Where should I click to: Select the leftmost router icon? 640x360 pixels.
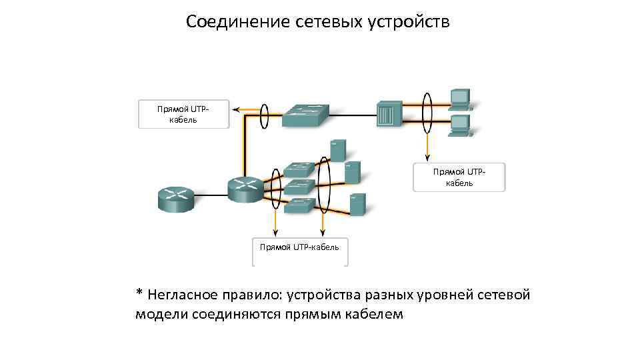click(x=176, y=197)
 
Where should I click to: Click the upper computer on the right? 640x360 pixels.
click(x=460, y=99)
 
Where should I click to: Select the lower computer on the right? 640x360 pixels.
click(x=460, y=125)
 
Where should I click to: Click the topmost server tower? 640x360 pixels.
click(x=338, y=150)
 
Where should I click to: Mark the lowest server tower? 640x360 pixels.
click(x=358, y=203)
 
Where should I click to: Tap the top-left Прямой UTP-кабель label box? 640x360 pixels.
click(x=183, y=114)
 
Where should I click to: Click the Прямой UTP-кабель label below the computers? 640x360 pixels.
click(x=459, y=177)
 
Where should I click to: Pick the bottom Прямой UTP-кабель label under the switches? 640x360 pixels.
click(x=299, y=248)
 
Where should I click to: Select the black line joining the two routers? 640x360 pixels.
click(x=211, y=196)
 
